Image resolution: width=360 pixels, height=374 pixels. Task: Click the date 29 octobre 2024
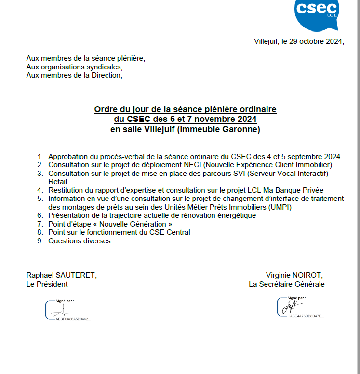(x=315, y=41)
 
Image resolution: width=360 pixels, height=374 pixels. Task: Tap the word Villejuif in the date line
(x=267, y=41)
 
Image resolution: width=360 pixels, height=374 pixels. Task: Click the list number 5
(x=40, y=199)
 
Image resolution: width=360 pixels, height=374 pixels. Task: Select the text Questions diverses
(x=80, y=241)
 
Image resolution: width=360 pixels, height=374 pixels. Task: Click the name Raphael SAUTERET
(x=61, y=275)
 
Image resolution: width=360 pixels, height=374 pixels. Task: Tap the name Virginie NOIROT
(x=294, y=275)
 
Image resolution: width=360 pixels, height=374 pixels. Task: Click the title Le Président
(x=47, y=284)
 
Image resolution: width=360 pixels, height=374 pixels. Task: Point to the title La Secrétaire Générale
(x=286, y=284)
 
